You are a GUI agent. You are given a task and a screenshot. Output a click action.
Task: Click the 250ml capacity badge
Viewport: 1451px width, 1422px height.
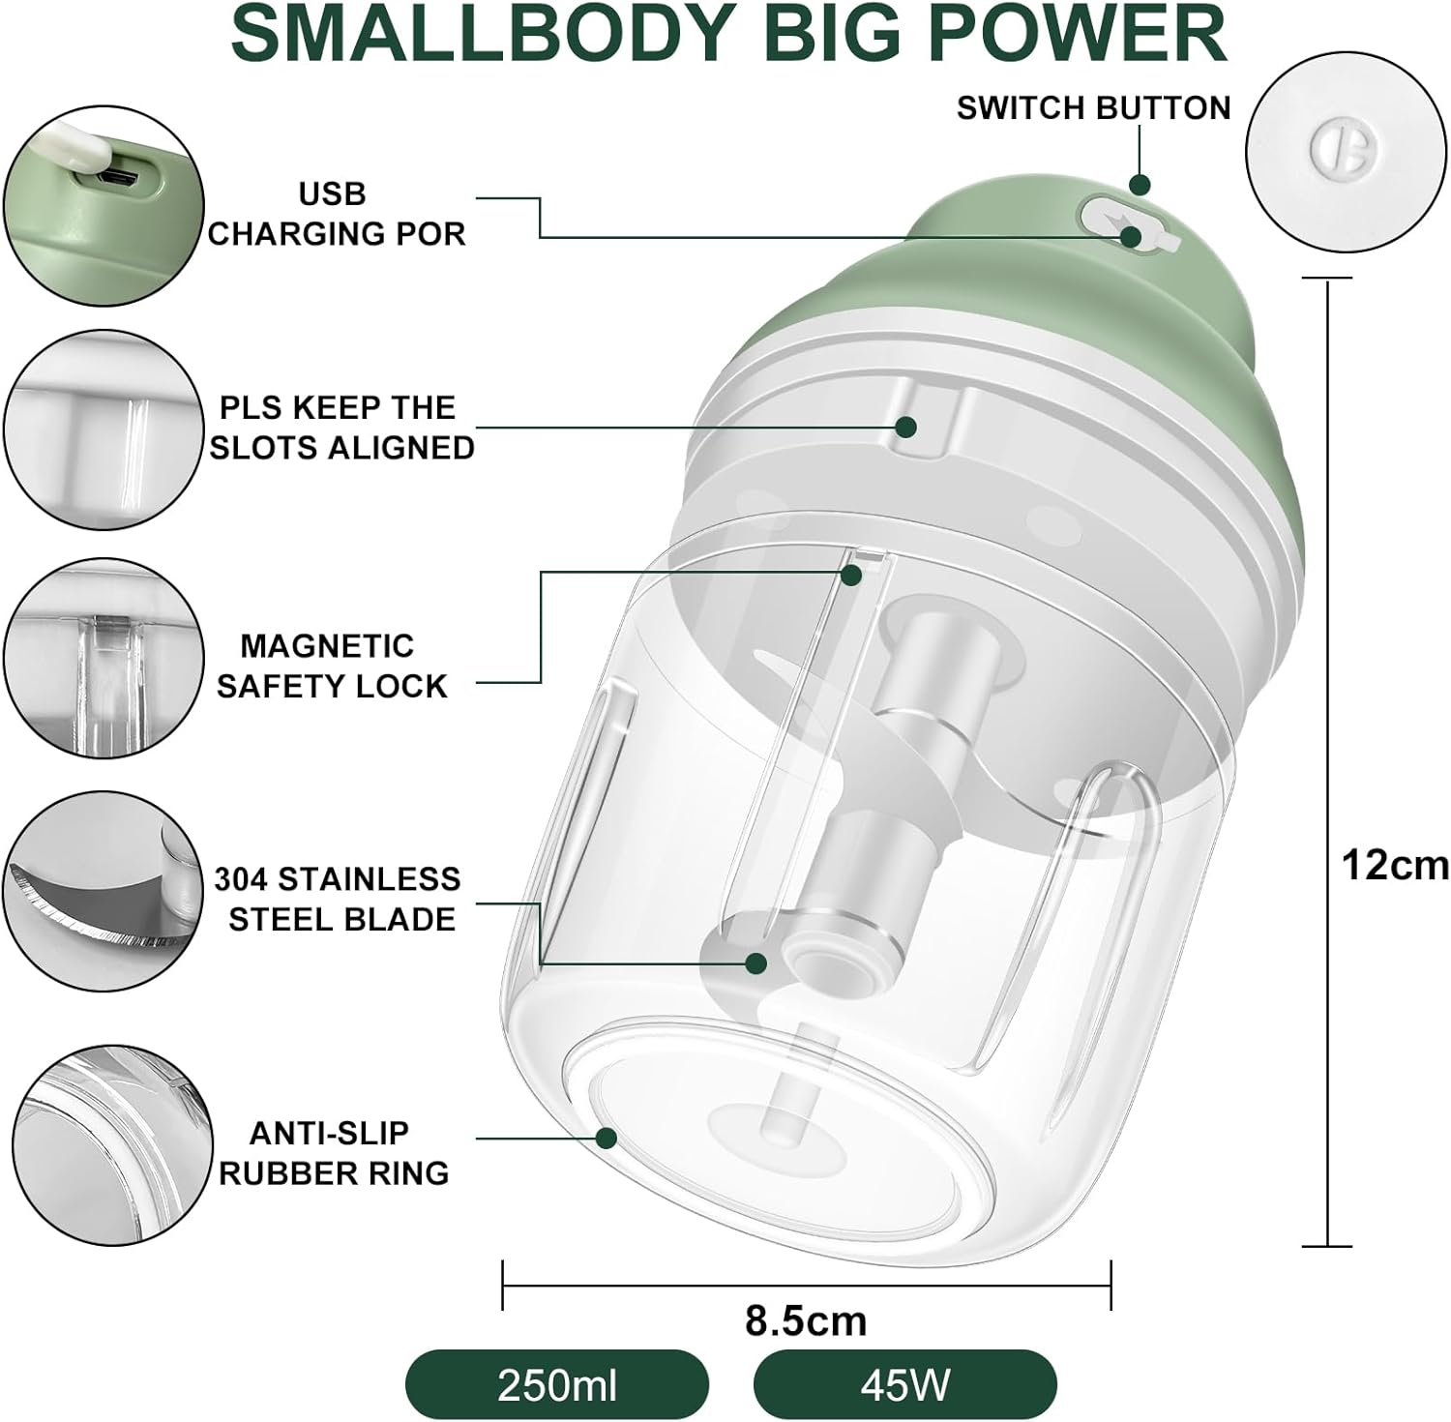[x=556, y=1385]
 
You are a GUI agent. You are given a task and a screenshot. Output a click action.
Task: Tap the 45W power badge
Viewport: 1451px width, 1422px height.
[x=904, y=1385]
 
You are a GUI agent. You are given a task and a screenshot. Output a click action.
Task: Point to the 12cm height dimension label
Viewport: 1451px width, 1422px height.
[x=1395, y=865]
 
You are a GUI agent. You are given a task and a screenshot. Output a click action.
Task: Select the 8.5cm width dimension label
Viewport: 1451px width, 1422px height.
[x=806, y=1320]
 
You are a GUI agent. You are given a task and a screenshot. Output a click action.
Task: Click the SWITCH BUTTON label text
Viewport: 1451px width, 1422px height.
[x=1094, y=107]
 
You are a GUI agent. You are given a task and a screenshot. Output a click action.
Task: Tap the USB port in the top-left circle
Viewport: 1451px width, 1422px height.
[x=121, y=178]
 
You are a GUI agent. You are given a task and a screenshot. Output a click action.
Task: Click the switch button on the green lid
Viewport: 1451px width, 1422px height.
[x=1127, y=225]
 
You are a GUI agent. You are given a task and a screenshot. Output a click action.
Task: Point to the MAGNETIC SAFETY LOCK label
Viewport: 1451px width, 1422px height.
[x=332, y=666]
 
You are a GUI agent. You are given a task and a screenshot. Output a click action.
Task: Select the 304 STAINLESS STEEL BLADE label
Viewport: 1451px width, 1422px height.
[x=338, y=899]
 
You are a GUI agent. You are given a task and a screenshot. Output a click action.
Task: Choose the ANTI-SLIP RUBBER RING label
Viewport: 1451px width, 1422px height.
[x=334, y=1152]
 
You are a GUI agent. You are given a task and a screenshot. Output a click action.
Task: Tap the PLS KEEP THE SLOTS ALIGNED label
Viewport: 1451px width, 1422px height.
[x=341, y=427]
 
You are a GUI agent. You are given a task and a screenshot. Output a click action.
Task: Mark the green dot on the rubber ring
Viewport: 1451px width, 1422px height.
[x=607, y=1138]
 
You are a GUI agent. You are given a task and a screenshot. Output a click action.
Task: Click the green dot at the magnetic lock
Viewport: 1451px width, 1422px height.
[x=851, y=575]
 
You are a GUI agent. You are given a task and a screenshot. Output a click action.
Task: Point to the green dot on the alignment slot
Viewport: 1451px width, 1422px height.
[x=906, y=426]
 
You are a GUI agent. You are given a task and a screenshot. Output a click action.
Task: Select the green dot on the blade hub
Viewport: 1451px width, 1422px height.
[x=756, y=963]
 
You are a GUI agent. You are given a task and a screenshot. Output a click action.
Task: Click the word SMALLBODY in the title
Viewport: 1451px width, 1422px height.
[x=482, y=36]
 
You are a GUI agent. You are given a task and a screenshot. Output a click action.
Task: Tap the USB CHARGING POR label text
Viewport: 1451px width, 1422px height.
[x=337, y=214]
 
